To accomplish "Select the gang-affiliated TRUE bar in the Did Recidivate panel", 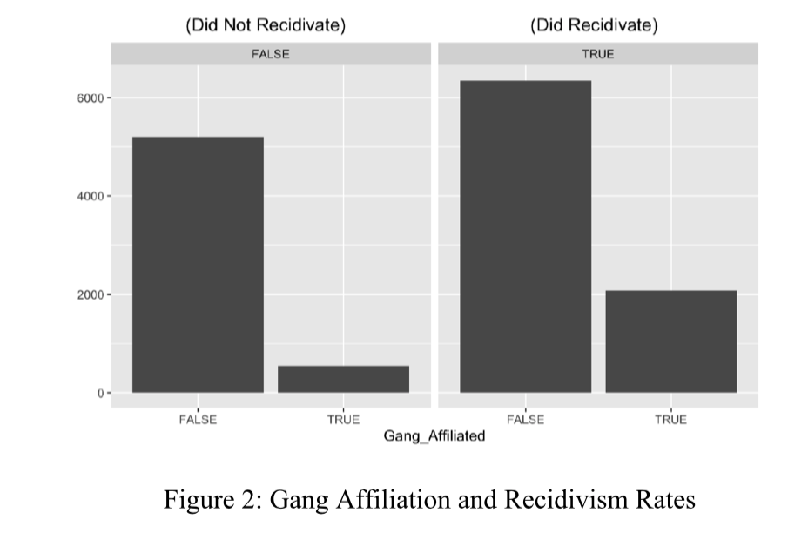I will pyautogui.click(x=670, y=341).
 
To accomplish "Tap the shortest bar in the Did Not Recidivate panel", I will pyautogui.click(x=343, y=379).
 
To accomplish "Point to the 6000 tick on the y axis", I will pyautogui.click(x=91, y=98).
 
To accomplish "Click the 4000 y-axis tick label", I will pyautogui.click(x=91, y=196).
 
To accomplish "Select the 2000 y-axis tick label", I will pyautogui.click(x=91, y=294).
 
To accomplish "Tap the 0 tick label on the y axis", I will pyautogui.click(x=98, y=393).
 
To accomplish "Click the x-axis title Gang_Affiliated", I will pyautogui.click(x=434, y=435).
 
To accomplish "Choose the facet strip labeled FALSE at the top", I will pyautogui.click(x=270, y=54).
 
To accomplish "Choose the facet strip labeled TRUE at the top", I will pyautogui.click(x=597, y=54).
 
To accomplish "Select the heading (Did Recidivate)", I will pyautogui.click(x=594, y=25).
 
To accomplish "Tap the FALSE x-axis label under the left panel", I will pyautogui.click(x=198, y=419).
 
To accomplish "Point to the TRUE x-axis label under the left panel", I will pyautogui.click(x=343, y=419).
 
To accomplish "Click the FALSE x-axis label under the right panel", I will pyautogui.click(x=525, y=419).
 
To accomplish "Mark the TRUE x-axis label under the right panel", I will pyautogui.click(x=670, y=419).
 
